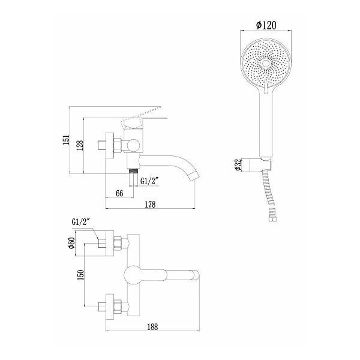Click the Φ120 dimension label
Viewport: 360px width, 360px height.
point(266,26)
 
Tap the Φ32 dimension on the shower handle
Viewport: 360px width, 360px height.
point(239,166)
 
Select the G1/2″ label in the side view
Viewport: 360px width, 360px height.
point(149,180)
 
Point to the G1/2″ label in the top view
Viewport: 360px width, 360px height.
point(80,223)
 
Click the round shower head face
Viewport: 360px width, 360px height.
point(266,63)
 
